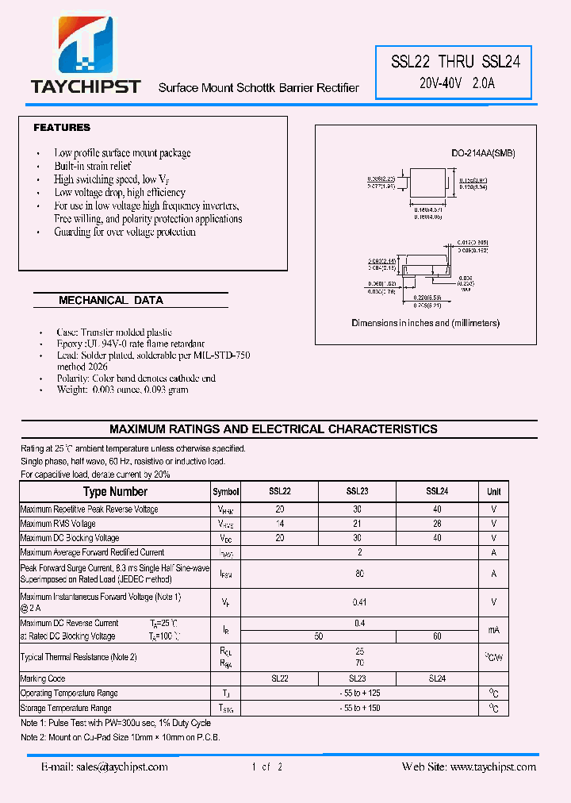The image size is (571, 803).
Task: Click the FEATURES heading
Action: [x=62, y=128]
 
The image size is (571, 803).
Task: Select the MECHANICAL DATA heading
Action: [x=111, y=301]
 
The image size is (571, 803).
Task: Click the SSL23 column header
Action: [x=357, y=492]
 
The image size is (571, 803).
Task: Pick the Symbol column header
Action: [x=225, y=492]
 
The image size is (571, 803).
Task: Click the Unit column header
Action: [x=493, y=492]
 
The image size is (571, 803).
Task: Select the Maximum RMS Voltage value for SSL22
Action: [x=279, y=524]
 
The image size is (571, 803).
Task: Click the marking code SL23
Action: [x=357, y=679]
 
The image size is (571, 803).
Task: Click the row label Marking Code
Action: [x=43, y=679]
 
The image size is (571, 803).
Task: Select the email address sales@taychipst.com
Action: [x=105, y=767]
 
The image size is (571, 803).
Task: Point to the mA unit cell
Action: [x=493, y=629]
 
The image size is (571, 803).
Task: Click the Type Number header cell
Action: [x=115, y=492]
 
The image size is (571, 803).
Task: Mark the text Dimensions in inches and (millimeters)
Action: [x=425, y=324]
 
